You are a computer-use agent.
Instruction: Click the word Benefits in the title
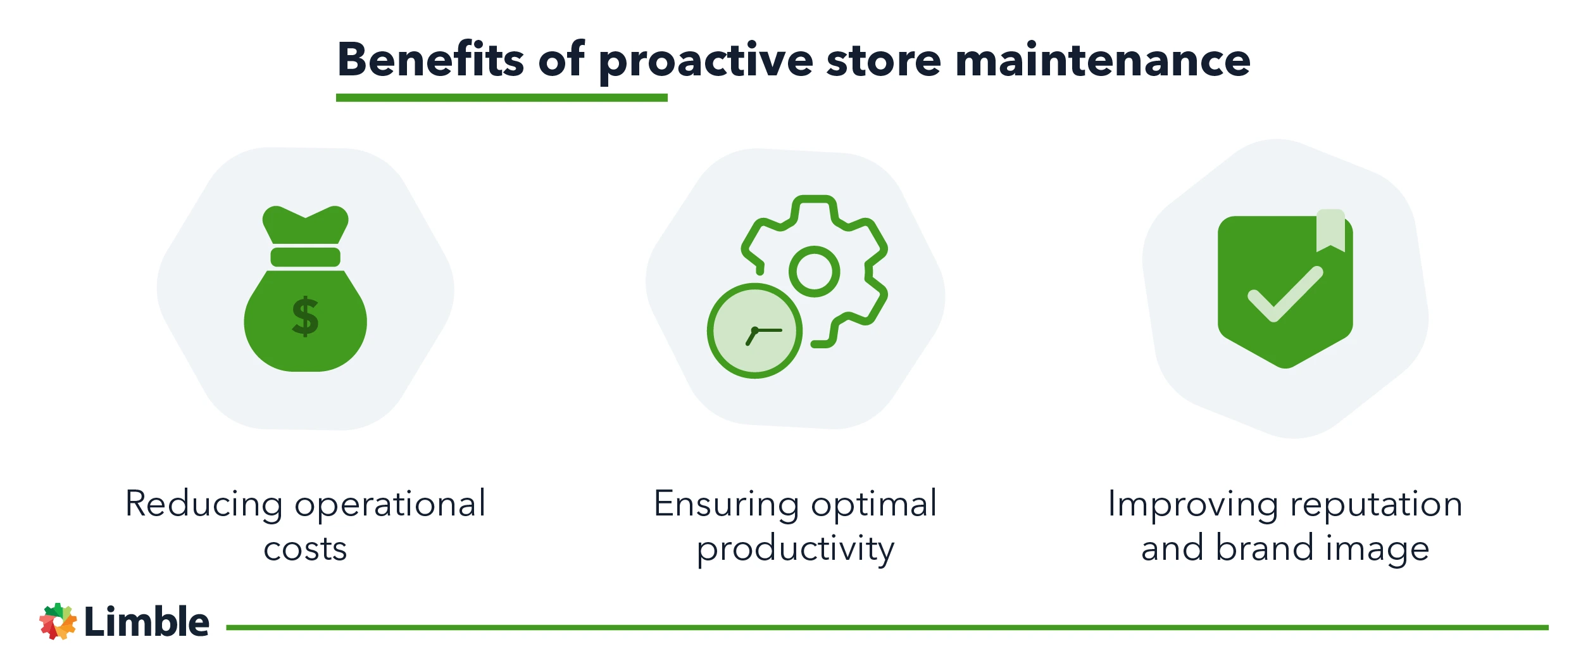(x=431, y=60)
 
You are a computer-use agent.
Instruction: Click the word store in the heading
(x=884, y=61)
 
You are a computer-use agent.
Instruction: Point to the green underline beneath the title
(x=501, y=98)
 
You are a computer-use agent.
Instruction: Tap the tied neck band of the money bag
(x=305, y=257)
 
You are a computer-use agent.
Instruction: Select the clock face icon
(x=754, y=331)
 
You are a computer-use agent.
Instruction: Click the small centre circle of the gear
(x=814, y=271)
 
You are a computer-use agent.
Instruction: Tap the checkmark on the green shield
(x=1285, y=295)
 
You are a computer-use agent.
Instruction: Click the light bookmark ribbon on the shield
(x=1330, y=231)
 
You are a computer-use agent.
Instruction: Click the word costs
(x=305, y=549)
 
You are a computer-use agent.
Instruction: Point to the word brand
(x=1265, y=548)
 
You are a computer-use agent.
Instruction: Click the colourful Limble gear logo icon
(x=58, y=621)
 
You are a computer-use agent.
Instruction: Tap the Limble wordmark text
(x=146, y=621)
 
